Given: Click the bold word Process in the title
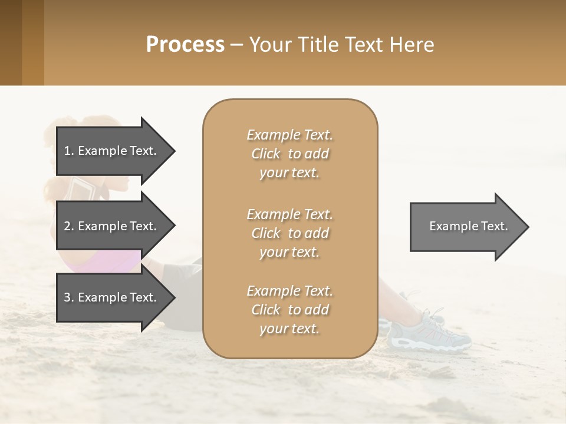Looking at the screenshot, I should [185, 45].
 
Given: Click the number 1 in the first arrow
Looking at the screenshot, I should [67, 151].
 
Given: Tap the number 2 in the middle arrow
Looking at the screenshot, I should [67, 226].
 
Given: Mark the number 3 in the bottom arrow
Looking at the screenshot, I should [67, 297].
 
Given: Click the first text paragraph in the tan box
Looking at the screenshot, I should [289, 154].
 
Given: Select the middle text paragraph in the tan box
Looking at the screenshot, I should [289, 233].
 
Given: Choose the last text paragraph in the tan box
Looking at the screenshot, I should [289, 310].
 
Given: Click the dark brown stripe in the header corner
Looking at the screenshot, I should [11, 42].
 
